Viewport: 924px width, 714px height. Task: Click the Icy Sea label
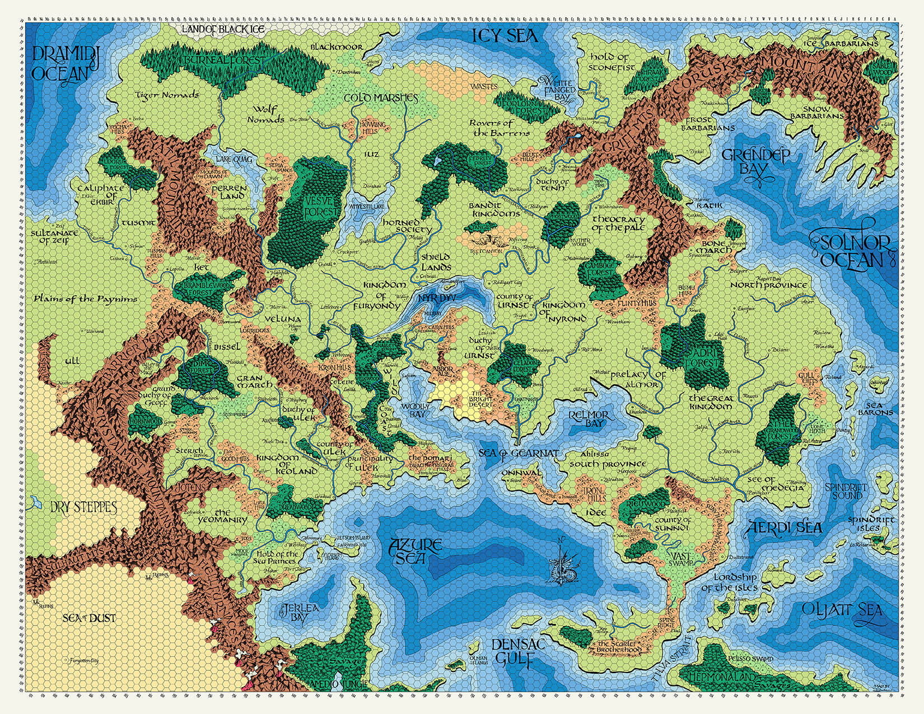pos(505,36)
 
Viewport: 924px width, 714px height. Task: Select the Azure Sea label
pos(417,551)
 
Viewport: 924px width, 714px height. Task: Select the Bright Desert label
pos(480,398)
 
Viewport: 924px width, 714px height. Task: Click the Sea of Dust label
pos(89,618)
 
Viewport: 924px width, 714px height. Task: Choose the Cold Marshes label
pos(381,98)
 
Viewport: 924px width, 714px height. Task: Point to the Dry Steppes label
pos(83,508)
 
